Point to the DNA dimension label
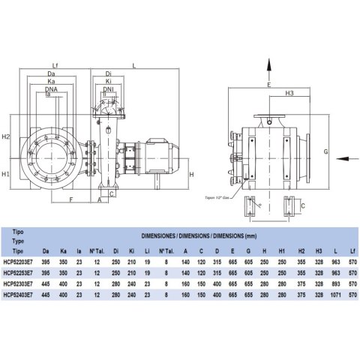[x=51, y=88]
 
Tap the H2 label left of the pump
[x=6, y=137]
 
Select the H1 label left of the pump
[x=6, y=174]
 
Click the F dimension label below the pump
[x=70, y=201]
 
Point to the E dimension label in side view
[x=268, y=85]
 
